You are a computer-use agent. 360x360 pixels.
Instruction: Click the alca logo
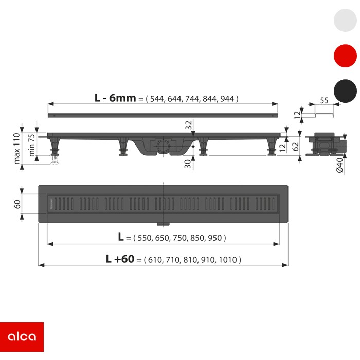click(22, 337)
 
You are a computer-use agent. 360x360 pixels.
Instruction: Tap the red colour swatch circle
click(345, 56)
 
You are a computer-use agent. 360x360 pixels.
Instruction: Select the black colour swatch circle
click(345, 91)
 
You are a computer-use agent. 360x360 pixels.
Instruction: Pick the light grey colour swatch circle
click(345, 20)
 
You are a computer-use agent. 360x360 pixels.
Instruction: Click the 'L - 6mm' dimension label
click(115, 98)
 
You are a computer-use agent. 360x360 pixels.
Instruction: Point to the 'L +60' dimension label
click(120, 259)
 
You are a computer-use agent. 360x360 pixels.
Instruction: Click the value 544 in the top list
click(157, 99)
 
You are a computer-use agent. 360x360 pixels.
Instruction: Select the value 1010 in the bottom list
click(228, 260)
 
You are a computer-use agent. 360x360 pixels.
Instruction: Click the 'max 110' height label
click(17, 148)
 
